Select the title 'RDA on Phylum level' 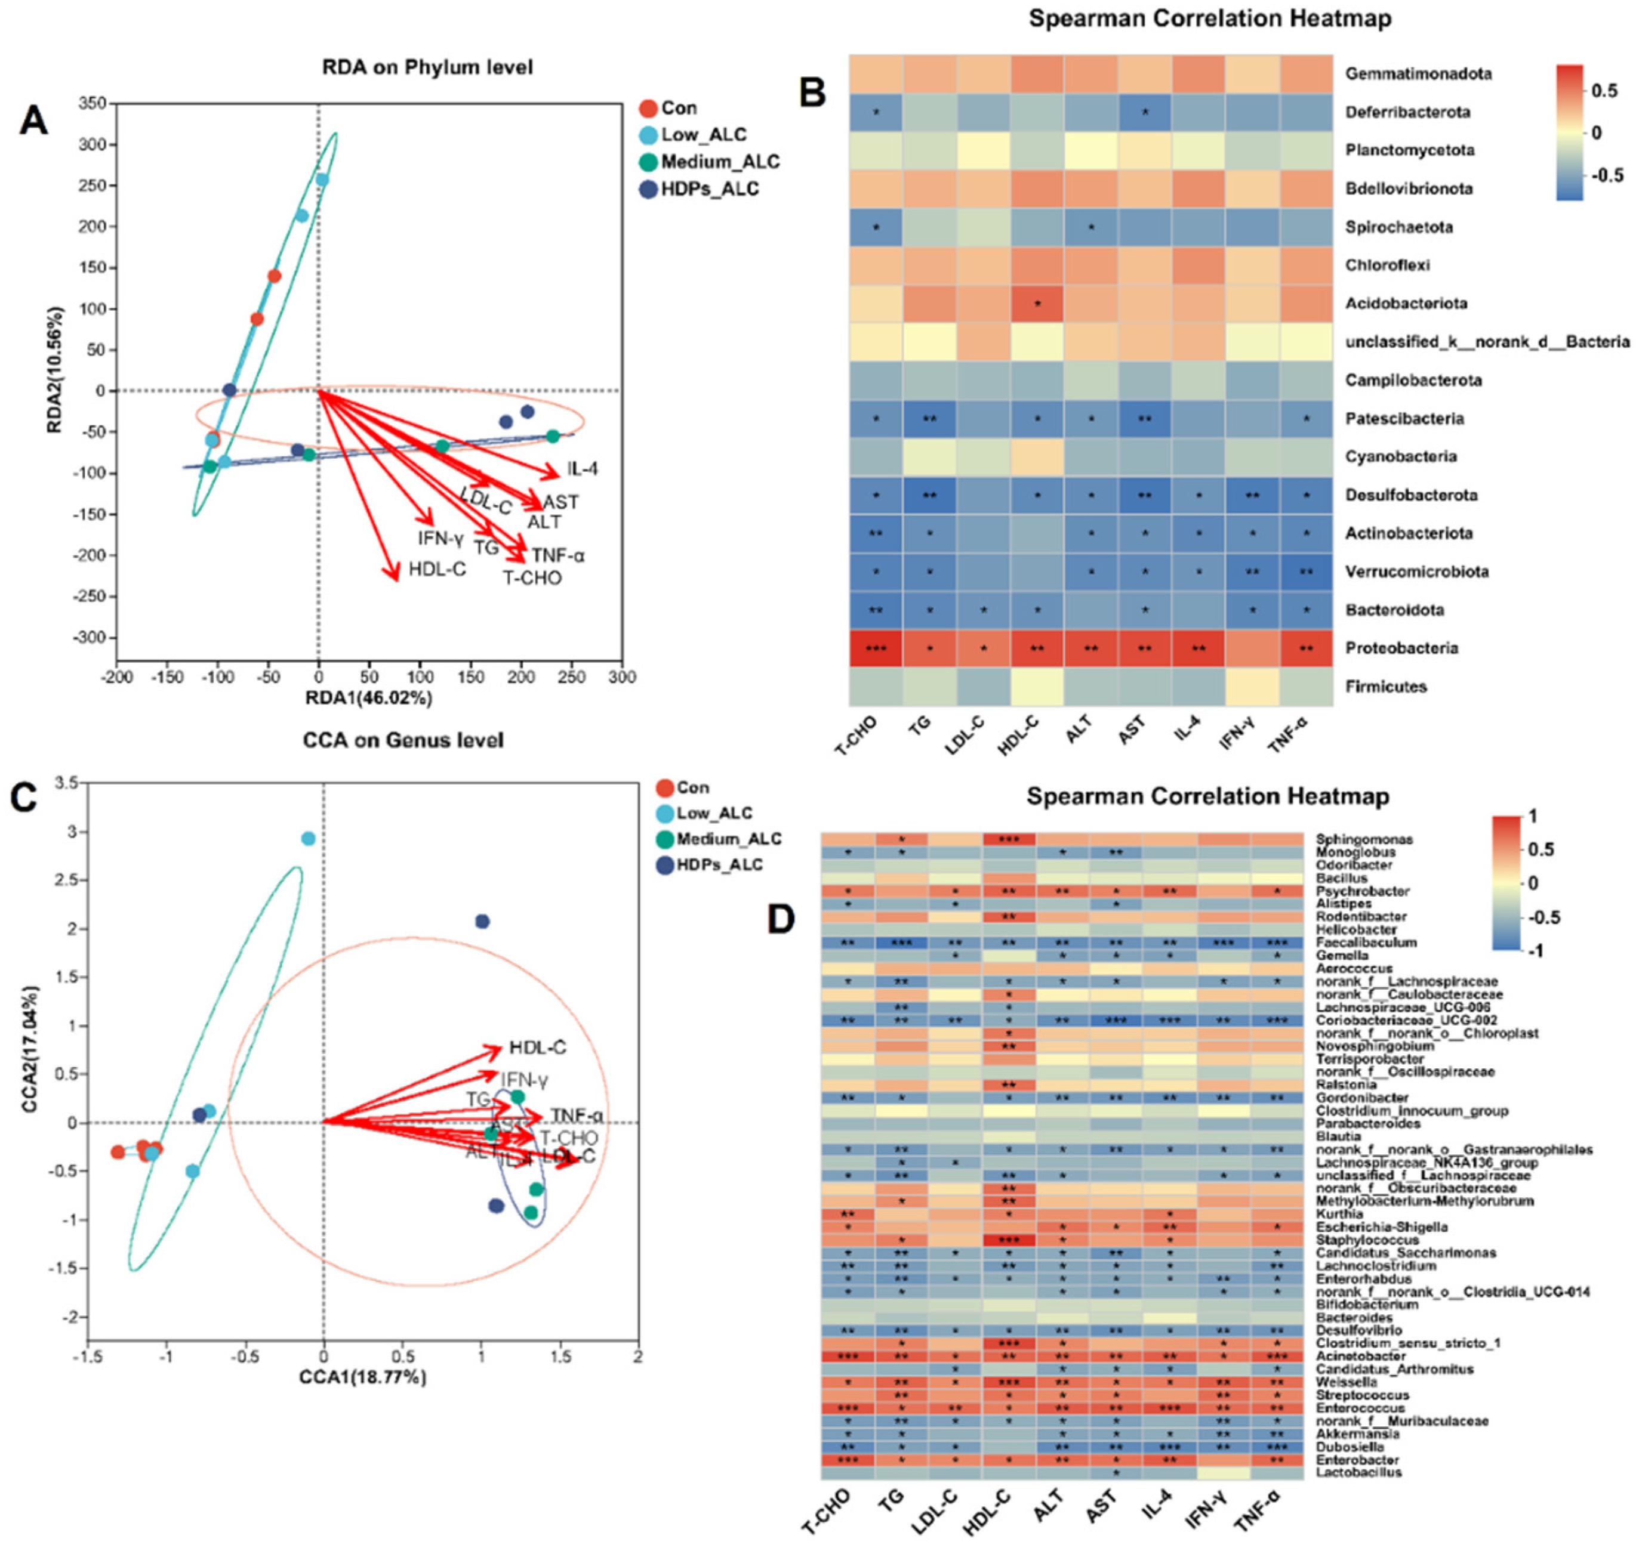(x=427, y=67)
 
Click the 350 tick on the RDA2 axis (x=93, y=103)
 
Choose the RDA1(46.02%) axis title (x=369, y=699)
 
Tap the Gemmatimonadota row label (x=1418, y=73)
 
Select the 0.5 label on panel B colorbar (x=1604, y=91)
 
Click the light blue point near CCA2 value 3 (x=309, y=838)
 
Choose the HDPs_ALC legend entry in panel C (x=719, y=865)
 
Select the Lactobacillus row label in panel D (x=1359, y=1472)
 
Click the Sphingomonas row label (x=1364, y=839)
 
